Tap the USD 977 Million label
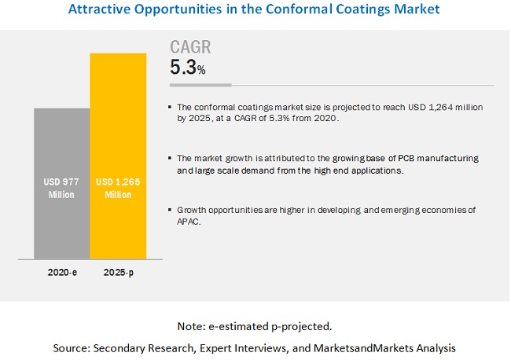coord(61,189)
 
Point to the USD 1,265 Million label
coord(118,189)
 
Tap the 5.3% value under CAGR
coord(188,68)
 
